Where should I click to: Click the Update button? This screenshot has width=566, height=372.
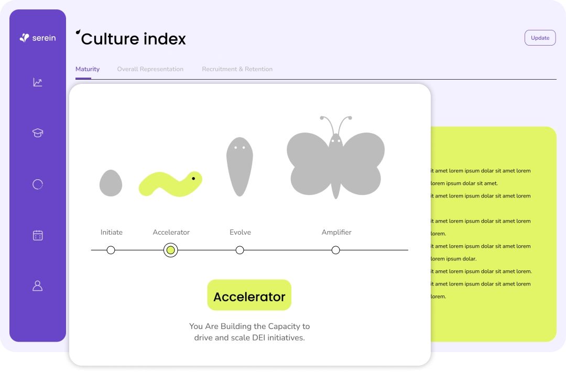[540, 38]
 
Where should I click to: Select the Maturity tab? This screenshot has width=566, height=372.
[88, 69]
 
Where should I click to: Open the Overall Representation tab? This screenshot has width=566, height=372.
[150, 69]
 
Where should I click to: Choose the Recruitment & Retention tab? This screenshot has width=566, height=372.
[237, 69]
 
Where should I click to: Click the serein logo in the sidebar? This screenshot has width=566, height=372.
[38, 38]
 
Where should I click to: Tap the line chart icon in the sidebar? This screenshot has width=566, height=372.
[38, 82]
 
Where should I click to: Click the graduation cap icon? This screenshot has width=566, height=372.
[38, 133]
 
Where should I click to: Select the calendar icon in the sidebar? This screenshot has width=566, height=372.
[38, 235]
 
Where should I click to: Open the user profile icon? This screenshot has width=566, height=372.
[38, 286]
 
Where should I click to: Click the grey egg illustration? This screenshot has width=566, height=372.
[111, 183]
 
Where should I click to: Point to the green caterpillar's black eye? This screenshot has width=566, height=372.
[193, 178]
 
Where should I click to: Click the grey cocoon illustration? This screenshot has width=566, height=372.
[240, 167]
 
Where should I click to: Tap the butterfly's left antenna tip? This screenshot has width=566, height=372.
[322, 118]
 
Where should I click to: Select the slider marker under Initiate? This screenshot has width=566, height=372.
[111, 250]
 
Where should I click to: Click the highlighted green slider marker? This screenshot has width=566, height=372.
[170, 250]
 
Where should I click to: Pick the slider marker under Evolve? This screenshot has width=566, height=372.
[240, 250]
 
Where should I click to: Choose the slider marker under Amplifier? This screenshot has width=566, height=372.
[336, 250]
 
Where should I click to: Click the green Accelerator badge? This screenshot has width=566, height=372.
[249, 295]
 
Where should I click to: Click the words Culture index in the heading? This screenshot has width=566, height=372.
[133, 39]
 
